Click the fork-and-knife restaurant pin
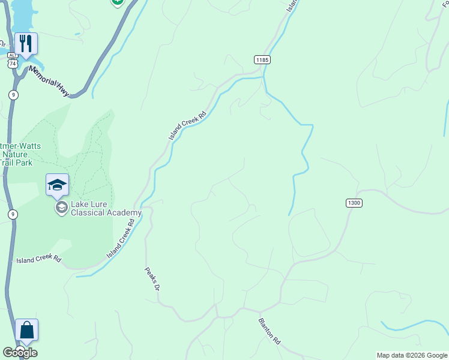point(26,44)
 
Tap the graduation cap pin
point(58,185)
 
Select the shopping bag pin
point(26,330)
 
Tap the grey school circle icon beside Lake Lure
point(61,208)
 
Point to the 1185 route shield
point(262,59)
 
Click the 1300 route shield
point(354,203)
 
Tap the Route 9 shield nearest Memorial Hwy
point(13,95)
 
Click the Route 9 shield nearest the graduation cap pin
point(13,214)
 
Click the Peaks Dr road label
point(152,279)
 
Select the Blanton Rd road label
point(270,330)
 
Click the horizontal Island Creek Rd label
point(39,260)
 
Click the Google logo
point(20,353)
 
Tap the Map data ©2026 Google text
point(412,355)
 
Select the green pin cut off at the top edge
point(117,2)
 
